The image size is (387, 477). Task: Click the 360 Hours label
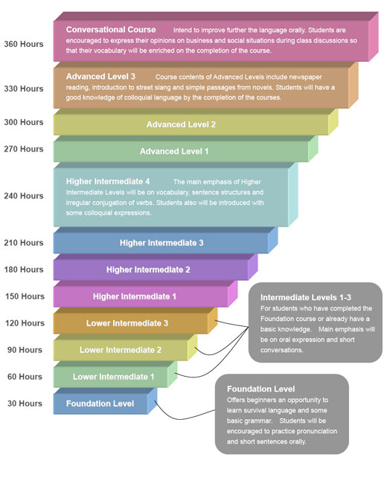point(24,44)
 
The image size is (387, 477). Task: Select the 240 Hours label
point(24,196)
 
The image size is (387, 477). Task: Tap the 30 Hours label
point(25,403)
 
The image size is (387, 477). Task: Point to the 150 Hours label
point(25,296)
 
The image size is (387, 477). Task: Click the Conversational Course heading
point(111,30)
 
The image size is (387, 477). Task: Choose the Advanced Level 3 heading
point(100,77)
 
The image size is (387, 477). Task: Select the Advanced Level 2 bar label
point(181,124)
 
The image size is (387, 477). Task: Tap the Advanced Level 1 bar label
point(174,151)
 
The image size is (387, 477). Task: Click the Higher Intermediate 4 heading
point(108,181)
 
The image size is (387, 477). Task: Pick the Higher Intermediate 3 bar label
point(161,243)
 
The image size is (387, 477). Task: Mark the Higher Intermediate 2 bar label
point(148,270)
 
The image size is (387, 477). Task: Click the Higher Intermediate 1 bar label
point(135,296)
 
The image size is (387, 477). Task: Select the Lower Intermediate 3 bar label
point(127,323)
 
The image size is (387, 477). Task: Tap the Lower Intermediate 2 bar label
point(121,350)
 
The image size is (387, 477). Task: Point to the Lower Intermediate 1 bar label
point(113,377)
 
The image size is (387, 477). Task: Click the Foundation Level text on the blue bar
point(100,403)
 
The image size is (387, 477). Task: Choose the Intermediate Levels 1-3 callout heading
point(306,297)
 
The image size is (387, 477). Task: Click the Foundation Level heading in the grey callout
point(260,389)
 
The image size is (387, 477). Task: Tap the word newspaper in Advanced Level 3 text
point(305,77)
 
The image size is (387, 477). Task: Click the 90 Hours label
point(25,350)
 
